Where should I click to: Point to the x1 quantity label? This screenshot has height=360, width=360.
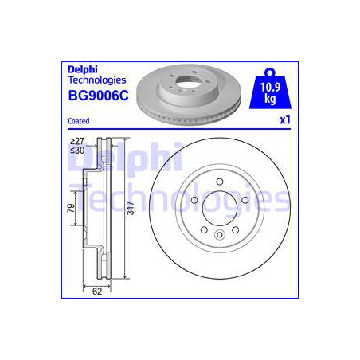tap(282, 119)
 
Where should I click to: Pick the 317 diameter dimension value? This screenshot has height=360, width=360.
tap(132, 209)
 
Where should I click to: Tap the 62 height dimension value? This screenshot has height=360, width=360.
tap(98, 292)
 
